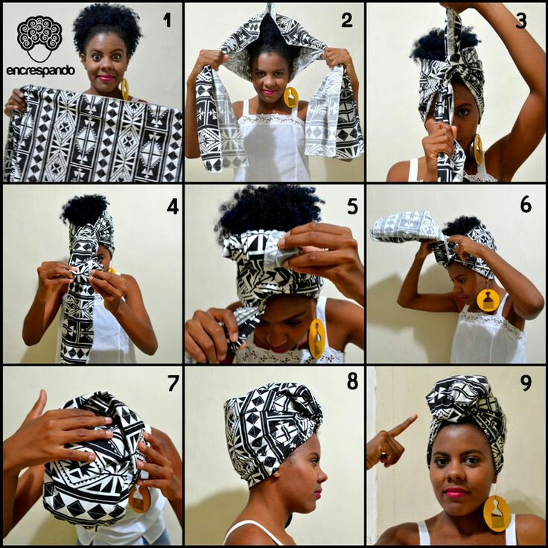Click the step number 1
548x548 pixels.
click(x=166, y=20)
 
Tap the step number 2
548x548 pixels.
click(x=347, y=20)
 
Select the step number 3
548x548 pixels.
click(x=521, y=20)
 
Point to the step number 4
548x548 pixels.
click(x=172, y=205)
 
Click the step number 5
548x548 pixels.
click(x=352, y=205)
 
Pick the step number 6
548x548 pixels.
click(x=526, y=204)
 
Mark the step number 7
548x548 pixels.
click(x=172, y=383)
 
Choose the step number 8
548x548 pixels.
click(x=352, y=382)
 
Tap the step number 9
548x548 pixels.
click(x=526, y=383)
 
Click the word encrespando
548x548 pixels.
click(x=40, y=71)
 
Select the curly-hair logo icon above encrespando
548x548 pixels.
click(x=39, y=37)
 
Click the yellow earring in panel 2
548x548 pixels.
click(x=290, y=97)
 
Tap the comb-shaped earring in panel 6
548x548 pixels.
click(x=488, y=299)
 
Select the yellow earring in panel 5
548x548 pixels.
click(x=316, y=339)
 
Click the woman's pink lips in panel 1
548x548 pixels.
click(x=104, y=77)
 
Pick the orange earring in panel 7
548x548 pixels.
click(x=139, y=500)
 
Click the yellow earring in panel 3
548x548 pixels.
click(x=477, y=148)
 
